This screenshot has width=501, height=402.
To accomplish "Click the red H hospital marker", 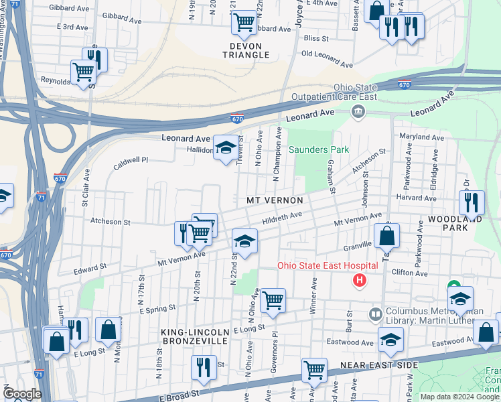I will pyautogui.click(x=360, y=280).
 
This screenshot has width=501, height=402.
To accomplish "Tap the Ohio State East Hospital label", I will pyautogui.click(x=328, y=266).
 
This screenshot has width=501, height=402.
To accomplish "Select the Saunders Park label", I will pyautogui.click(x=319, y=149).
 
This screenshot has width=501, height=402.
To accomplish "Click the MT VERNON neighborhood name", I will pyautogui.click(x=275, y=200).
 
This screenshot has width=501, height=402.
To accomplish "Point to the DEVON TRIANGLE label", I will pyautogui.click(x=240, y=50).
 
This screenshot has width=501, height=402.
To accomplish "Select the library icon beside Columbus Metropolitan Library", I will pyautogui.click(x=375, y=314).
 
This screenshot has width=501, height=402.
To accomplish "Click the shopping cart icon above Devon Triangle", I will pyautogui.click(x=244, y=22).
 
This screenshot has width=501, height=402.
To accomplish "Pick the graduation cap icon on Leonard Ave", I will pyautogui.click(x=226, y=147).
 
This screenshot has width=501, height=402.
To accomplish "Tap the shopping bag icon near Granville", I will pyautogui.click(x=387, y=236).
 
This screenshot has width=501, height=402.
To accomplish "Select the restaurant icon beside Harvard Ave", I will pyautogui.click(x=472, y=201).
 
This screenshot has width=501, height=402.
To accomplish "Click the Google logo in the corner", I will pyautogui.click(x=22, y=394).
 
